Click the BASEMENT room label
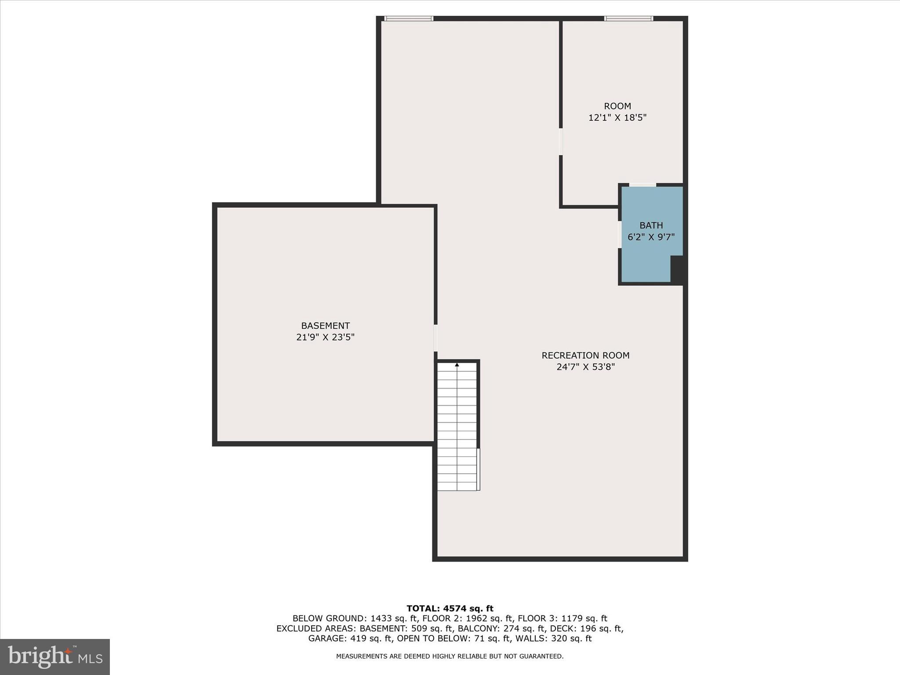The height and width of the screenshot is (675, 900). [x=325, y=326]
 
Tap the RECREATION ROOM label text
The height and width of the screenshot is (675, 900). [x=585, y=355]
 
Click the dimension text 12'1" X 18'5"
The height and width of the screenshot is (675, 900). [x=617, y=118]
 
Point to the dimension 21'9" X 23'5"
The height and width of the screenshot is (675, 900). [x=325, y=337]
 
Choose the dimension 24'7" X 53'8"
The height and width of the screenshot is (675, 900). [x=585, y=367]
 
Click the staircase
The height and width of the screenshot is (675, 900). [x=457, y=426]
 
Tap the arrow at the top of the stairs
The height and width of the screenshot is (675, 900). [x=457, y=365]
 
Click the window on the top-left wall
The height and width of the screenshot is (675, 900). [x=409, y=18]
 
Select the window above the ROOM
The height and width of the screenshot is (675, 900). [x=628, y=18]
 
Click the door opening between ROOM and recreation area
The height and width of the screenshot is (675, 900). [x=561, y=142]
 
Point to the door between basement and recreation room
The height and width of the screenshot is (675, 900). [x=435, y=338]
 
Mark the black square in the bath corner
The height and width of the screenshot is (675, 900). [x=677, y=269]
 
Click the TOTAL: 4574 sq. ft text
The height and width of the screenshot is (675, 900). [x=450, y=609]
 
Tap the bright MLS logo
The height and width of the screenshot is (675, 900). [x=55, y=657]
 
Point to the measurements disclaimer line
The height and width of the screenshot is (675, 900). [x=450, y=656]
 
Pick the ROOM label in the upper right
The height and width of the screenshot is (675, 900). [x=617, y=106]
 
